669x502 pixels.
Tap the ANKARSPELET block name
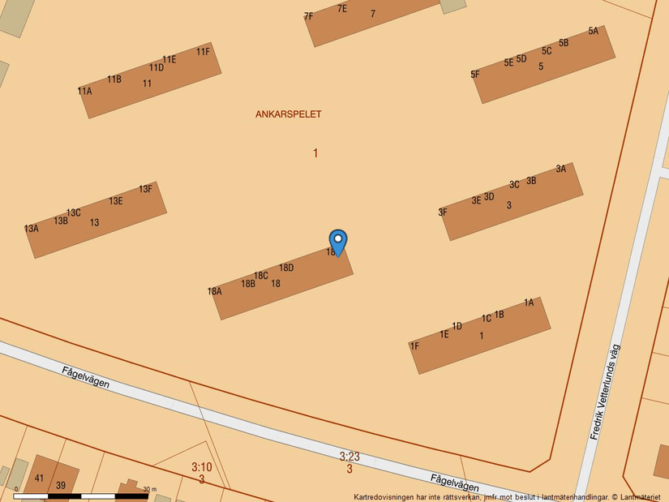point(288,114)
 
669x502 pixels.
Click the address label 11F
point(203,52)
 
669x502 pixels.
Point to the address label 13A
point(32,229)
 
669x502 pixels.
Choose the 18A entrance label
point(214,292)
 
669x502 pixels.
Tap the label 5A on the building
point(594,31)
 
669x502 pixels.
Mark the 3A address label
point(561,169)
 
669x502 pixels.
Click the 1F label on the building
point(414,346)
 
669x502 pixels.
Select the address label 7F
point(308,16)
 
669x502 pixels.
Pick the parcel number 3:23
point(350,457)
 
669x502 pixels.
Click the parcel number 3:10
point(201,467)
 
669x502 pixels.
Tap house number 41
point(39,478)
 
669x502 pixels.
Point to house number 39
point(61,485)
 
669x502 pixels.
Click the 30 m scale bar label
point(149,489)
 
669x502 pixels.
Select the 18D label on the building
point(286,268)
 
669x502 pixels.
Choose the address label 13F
point(145,189)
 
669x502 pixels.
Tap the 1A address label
point(529,302)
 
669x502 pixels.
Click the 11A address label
point(84,92)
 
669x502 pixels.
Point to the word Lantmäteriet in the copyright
point(639,497)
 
